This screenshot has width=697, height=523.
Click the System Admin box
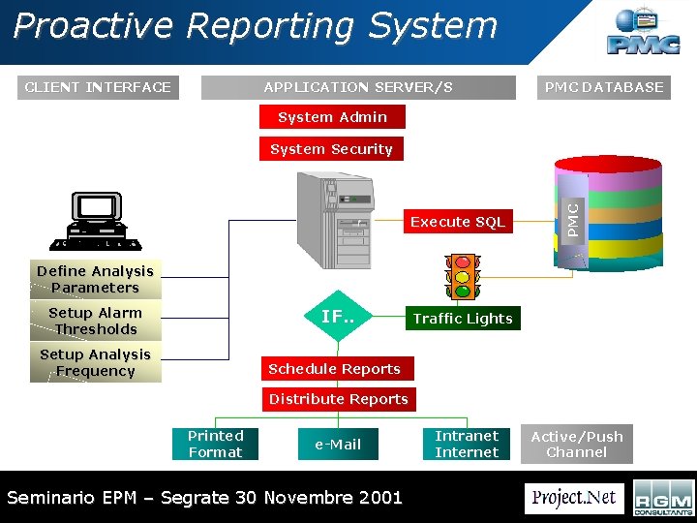(332, 117)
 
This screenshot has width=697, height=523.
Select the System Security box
(331, 149)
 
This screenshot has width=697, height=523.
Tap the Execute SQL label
(457, 222)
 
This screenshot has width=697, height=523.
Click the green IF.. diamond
(338, 317)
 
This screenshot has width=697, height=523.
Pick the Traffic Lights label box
(462, 319)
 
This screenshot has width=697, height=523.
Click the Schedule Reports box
(334, 369)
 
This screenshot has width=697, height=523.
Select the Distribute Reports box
(338, 399)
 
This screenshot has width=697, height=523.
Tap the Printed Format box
(216, 444)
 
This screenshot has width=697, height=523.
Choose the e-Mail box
(338, 445)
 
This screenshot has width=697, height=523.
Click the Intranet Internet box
(467, 444)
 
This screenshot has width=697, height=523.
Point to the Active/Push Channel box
(577, 445)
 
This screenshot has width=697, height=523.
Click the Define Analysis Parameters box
(95, 279)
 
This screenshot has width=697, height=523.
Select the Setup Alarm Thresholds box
(95, 321)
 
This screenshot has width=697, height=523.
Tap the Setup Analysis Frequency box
(95, 362)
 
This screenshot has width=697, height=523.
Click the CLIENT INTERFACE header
(98, 87)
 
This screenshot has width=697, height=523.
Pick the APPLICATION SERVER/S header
(358, 87)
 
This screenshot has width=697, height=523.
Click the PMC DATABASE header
(604, 87)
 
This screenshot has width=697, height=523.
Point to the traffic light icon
(463, 277)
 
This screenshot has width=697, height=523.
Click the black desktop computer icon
(98, 220)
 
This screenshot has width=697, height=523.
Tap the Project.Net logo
(574, 498)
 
